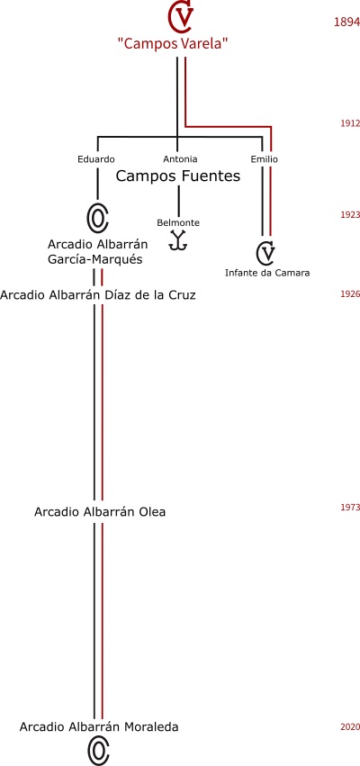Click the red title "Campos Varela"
(174, 43)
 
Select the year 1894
(346, 22)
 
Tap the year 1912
(350, 123)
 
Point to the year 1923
(350, 215)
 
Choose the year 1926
(350, 294)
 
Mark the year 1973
(350, 507)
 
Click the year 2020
(350, 727)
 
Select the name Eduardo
(96, 159)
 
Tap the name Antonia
(180, 159)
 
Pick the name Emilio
(265, 159)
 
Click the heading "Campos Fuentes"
(178, 176)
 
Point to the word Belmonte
(178, 222)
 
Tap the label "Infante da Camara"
(267, 273)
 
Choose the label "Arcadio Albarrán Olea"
(100, 512)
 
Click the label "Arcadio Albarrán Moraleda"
(99, 727)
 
